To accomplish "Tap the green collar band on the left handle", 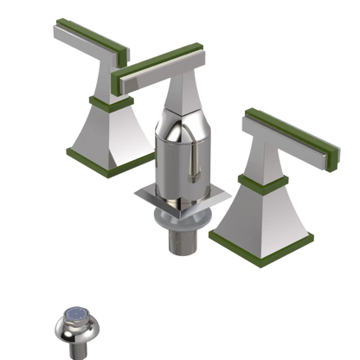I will pyautogui.click(x=101, y=105).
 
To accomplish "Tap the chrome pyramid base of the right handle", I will pyautogui.click(x=260, y=212).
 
